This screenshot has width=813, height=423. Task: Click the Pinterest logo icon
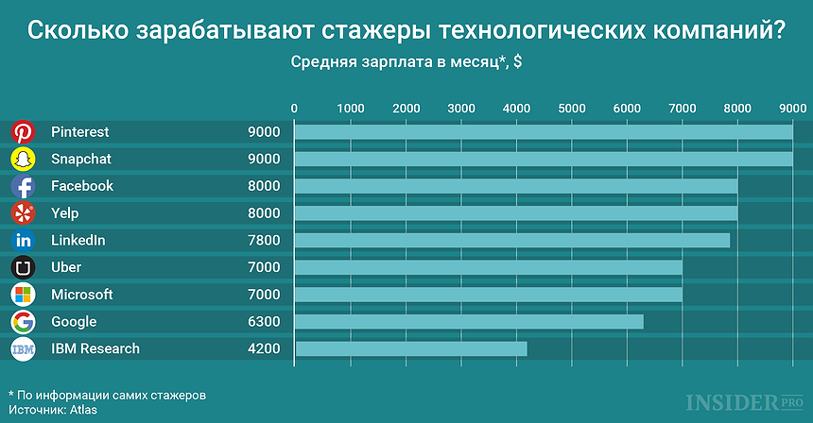point(23,132)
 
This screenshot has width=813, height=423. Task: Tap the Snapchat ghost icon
point(23,159)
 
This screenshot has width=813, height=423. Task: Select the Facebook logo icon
point(23,186)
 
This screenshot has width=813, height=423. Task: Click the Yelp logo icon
point(23,213)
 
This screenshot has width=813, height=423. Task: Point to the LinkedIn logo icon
point(23,241)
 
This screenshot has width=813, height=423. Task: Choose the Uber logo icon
point(23,267)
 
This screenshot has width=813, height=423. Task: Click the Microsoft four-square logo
point(23,295)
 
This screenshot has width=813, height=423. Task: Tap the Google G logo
point(23,322)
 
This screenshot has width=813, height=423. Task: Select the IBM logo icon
point(23,349)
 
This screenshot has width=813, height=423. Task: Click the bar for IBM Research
point(411,349)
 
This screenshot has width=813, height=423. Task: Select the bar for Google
point(469,322)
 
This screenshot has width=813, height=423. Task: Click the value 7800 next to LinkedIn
point(264,241)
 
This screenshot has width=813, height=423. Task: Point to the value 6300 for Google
point(264,322)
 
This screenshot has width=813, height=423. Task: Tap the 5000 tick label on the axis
point(571,108)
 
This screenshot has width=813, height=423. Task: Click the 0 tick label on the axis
point(295,108)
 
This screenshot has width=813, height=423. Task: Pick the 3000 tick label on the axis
point(460,108)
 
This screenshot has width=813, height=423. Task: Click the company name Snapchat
point(81,159)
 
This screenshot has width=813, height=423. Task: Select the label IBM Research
point(95,349)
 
